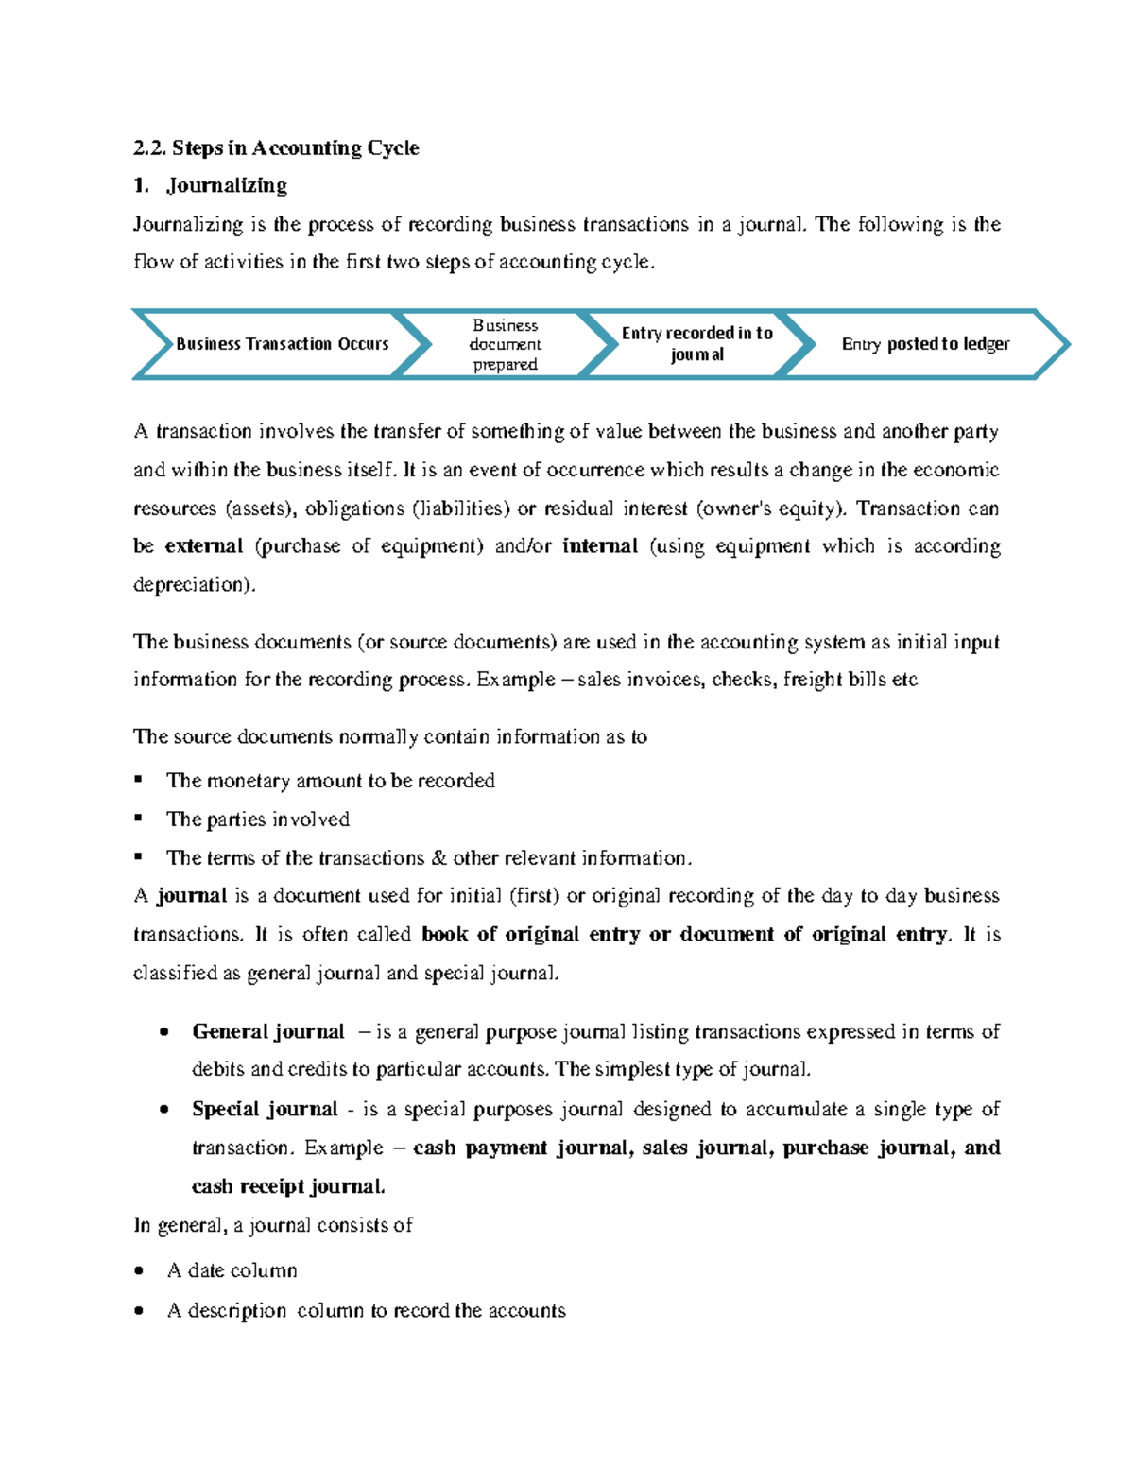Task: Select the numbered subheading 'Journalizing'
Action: click(227, 185)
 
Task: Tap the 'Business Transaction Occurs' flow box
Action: click(282, 344)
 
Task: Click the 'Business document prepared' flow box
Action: click(505, 345)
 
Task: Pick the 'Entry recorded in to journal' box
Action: click(696, 344)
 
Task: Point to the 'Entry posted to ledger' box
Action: click(925, 344)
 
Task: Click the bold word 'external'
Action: click(203, 546)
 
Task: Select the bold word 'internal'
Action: click(600, 546)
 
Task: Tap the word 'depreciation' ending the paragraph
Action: click(192, 585)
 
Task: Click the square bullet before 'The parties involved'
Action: click(139, 818)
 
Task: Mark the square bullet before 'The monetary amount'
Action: click(139, 779)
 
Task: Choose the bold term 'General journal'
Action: click(268, 1031)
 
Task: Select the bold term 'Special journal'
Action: click(265, 1109)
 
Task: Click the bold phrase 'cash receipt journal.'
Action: click(288, 1186)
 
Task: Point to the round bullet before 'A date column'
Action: click(140, 1271)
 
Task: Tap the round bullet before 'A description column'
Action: click(140, 1311)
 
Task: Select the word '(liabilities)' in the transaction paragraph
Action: click(460, 509)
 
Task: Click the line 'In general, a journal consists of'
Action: click(273, 1226)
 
